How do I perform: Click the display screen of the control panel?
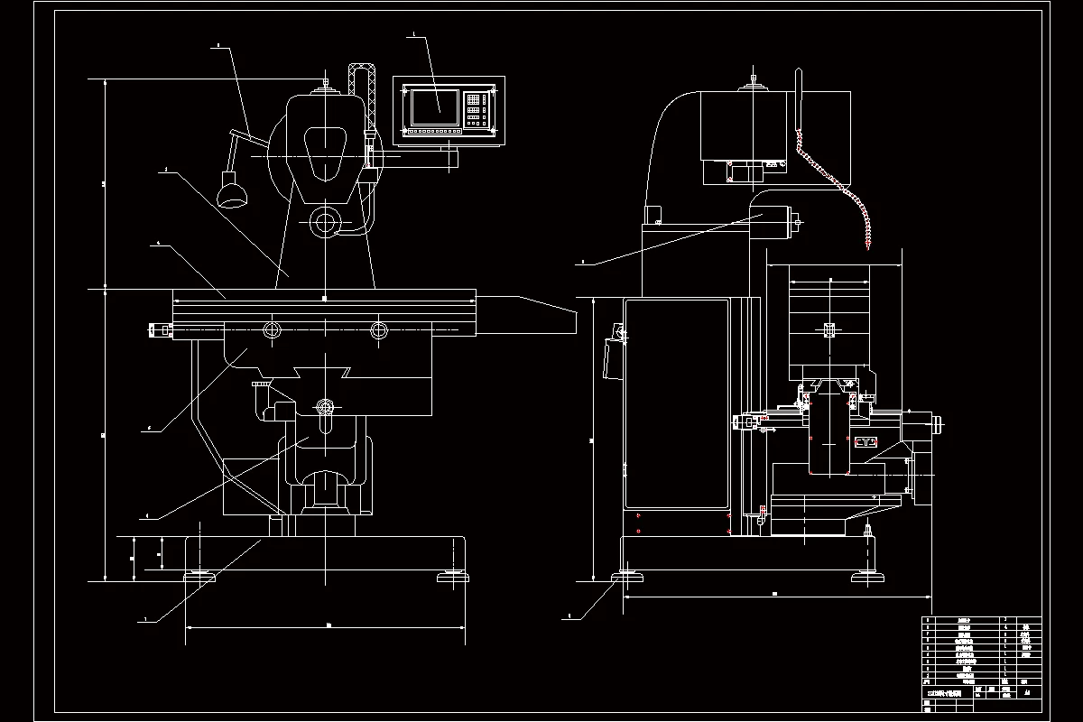pos(434,107)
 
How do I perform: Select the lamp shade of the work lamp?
pos(233,194)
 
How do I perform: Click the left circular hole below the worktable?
pos(271,329)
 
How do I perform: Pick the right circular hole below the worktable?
pos(379,329)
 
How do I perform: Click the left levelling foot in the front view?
pos(199,576)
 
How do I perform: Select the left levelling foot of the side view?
pos(625,576)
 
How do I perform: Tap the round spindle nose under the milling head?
pos(323,222)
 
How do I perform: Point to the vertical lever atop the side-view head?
pos(798,95)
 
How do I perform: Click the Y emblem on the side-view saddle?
pos(865,442)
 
